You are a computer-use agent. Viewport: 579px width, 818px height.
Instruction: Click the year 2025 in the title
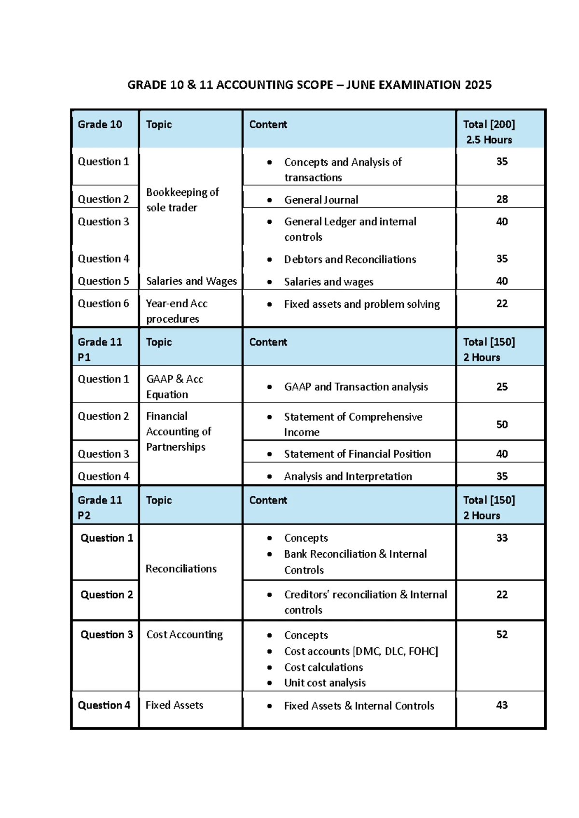coord(478,85)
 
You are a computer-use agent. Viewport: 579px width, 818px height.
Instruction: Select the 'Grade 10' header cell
coord(100,124)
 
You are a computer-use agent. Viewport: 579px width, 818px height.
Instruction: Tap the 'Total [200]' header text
coord(489,124)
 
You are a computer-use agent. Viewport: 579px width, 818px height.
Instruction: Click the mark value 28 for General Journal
coord(502,199)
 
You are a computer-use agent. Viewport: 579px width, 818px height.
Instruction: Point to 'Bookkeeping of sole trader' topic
coord(182,200)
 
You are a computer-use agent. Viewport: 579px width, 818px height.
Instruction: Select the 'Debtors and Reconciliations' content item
coord(349,259)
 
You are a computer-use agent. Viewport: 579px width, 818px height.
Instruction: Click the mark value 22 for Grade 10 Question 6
coord(502,304)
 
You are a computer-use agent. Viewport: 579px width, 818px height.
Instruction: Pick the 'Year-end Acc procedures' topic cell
coord(177,311)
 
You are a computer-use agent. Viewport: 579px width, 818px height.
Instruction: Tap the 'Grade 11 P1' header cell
coord(99,349)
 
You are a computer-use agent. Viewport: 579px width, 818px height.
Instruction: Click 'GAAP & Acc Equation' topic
coord(174,387)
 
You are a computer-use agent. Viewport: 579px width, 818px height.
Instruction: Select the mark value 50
coord(502,424)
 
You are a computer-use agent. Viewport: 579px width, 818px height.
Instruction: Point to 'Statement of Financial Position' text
coord(357,454)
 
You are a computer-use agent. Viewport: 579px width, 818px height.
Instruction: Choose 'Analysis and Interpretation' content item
coord(347,477)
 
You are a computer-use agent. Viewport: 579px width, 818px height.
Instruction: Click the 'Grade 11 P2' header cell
coord(99,507)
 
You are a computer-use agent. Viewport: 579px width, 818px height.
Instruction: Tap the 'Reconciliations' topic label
coord(181,569)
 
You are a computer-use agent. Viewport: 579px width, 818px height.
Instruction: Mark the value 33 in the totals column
coord(502,538)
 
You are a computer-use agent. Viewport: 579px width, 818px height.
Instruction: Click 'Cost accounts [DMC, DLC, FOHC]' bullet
coord(360,652)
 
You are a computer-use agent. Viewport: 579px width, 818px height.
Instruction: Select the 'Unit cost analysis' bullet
coord(324,683)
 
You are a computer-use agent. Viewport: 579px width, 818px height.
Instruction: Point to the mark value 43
coord(502,705)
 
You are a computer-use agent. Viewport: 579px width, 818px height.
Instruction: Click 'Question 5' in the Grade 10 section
coord(103,281)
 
